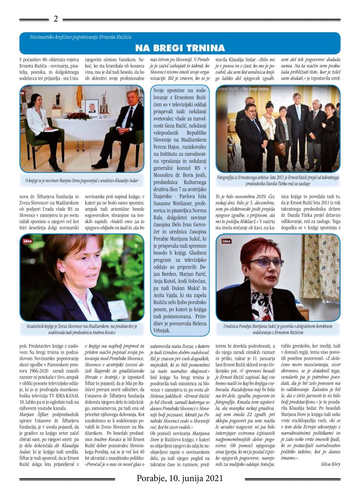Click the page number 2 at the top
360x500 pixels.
point(56,19)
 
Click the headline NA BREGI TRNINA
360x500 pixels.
point(180,47)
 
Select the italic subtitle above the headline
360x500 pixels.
point(80,37)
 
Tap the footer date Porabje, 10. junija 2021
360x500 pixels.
point(180,478)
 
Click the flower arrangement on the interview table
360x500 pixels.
point(79,116)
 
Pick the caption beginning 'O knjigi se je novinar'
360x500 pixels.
point(81,181)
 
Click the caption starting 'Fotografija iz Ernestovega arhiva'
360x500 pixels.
point(278,182)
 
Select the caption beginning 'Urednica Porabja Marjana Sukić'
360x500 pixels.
point(278,329)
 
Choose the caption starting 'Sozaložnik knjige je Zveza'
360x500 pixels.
point(81,329)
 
